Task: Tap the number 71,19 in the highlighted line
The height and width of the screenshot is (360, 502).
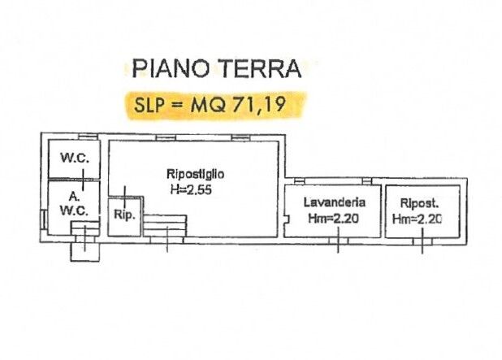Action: point(259,104)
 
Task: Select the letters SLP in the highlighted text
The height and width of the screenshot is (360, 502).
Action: point(149,104)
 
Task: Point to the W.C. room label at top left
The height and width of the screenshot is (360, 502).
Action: point(75,158)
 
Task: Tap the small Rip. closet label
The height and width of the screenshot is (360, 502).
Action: point(124,215)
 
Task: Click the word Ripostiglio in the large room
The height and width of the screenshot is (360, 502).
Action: point(195,174)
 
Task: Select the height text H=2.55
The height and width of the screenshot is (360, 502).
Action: point(191,190)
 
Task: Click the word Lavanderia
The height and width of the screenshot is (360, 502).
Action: point(334,202)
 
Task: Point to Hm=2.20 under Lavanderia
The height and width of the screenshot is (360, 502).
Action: point(333,219)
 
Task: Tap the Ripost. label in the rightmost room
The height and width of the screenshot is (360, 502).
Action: point(419,203)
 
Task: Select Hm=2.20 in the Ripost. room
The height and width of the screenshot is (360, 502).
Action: point(418,219)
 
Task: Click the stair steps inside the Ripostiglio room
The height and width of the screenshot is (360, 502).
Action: point(165,226)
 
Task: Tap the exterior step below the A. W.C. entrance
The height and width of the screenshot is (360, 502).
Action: point(85,252)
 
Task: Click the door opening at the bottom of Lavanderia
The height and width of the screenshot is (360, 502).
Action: point(339,241)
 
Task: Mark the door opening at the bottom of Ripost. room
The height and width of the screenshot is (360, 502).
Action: point(422,242)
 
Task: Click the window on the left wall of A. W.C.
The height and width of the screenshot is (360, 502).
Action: point(43,219)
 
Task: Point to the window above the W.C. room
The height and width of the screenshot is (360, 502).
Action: point(89,137)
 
